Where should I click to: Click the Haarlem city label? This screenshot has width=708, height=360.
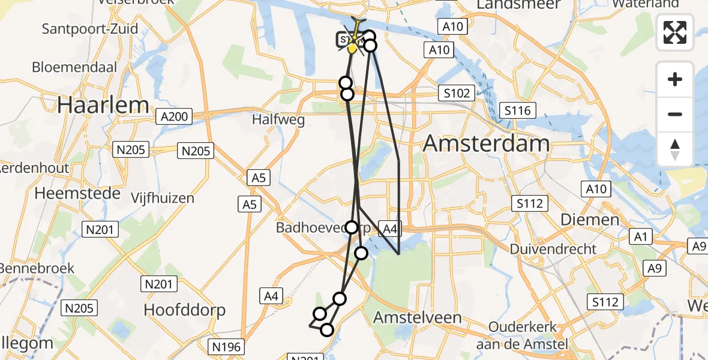[x=103, y=105]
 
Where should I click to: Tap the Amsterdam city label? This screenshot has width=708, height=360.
[x=487, y=144]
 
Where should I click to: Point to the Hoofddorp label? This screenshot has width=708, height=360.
[x=185, y=310]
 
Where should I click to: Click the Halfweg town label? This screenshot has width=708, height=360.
[x=278, y=119]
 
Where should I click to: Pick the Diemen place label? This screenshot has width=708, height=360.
[x=590, y=220]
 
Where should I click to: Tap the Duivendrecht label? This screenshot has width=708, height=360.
[x=553, y=248]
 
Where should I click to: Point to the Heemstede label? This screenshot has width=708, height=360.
[x=78, y=193]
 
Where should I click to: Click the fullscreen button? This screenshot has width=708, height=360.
[x=675, y=32]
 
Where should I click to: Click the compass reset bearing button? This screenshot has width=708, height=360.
[x=675, y=149]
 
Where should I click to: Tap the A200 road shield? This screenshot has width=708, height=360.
[x=174, y=116]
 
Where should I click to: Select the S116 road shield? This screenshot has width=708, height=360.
[x=518, y=110]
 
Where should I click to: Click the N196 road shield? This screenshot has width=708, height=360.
[x=226, y=346]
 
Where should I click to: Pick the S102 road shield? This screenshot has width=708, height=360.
[x=457, y=93]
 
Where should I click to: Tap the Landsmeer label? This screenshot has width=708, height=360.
[x=518, y=5]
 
